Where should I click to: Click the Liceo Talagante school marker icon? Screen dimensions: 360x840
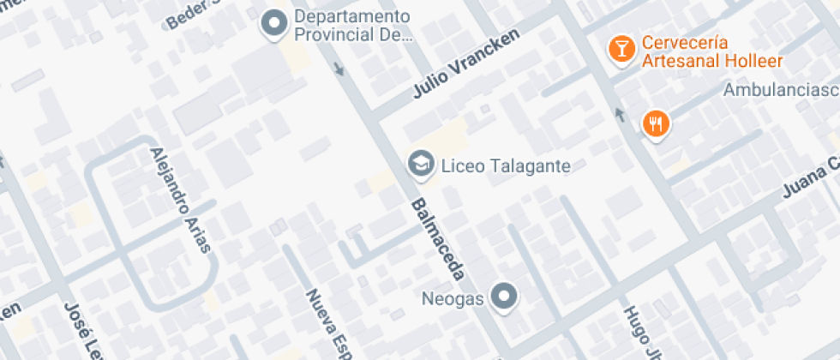(x=420, y=165)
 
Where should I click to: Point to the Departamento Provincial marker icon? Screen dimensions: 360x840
(x=274, y=25)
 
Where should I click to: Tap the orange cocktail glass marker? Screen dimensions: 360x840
(x=619, y=49)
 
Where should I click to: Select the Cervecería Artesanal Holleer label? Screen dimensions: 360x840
(x=700, y=51)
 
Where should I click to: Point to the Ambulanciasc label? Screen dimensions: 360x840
(x=780, y=89)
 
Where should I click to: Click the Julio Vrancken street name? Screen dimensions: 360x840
(x=466, y=66)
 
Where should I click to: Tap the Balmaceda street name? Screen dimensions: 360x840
(x=438, y=240)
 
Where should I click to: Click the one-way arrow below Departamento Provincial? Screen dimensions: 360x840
(x=340, y=68)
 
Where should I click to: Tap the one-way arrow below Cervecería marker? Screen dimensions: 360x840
(x=619, y=114)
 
